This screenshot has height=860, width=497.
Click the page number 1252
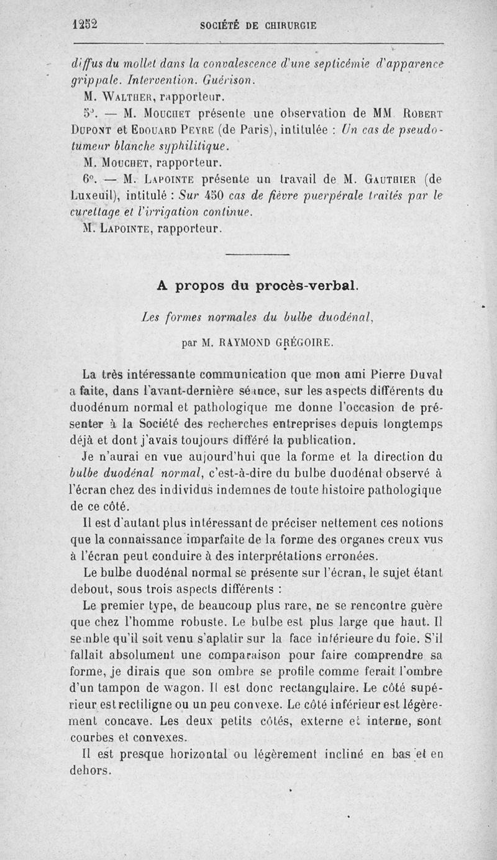[x=86, y=25]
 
